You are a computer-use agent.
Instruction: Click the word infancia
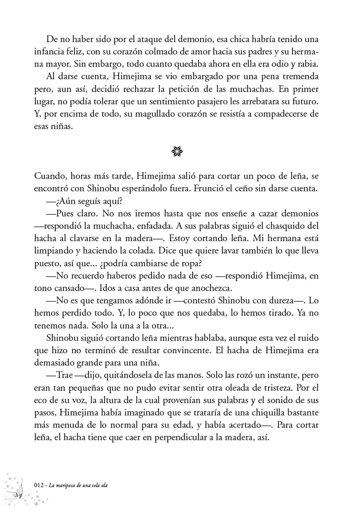point(48,51)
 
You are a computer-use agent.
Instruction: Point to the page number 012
point(39,485)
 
